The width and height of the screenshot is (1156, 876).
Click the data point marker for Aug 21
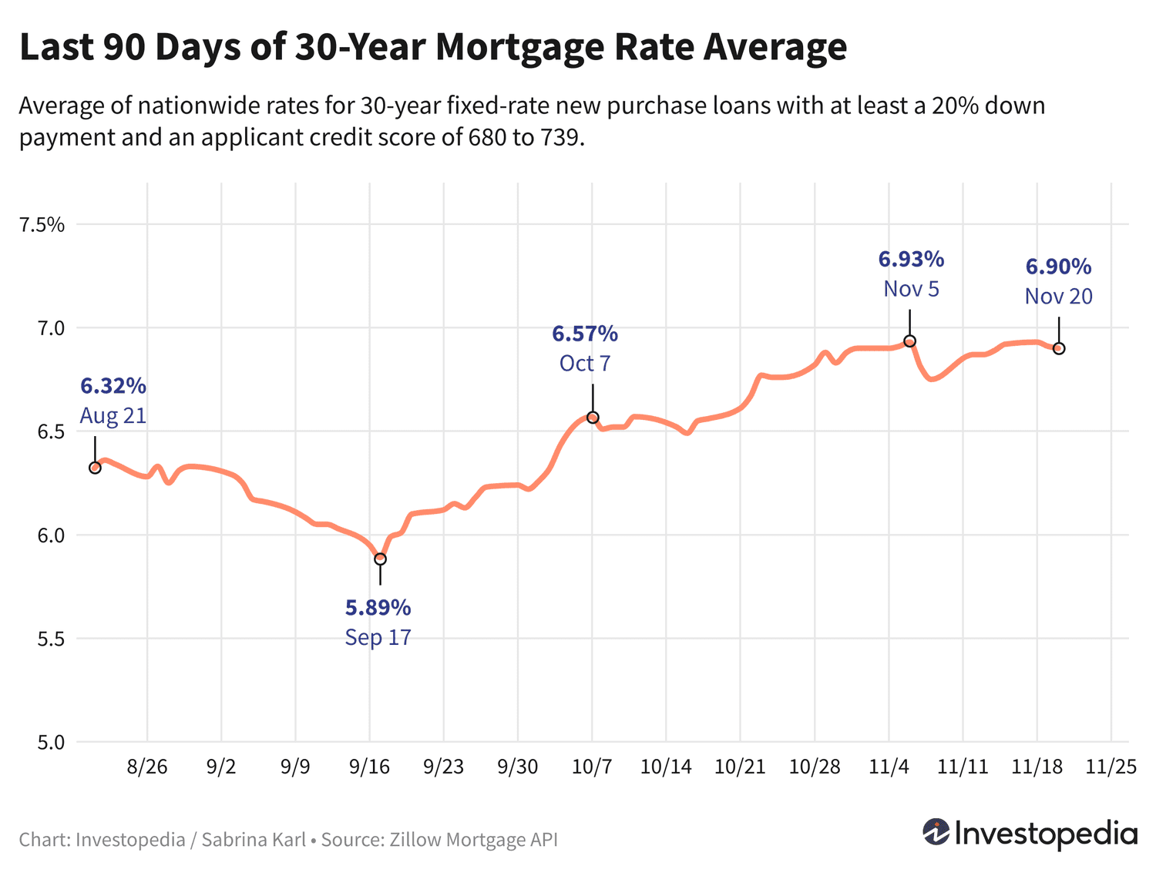click(x=95, y=468)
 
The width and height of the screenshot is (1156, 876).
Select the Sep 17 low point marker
click(x=380, y=559)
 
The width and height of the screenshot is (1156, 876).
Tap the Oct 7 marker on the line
click(x=593, y=418)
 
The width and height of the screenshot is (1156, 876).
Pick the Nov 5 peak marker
click(x=909, y=341)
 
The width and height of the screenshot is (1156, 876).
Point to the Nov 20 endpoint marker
click(x=1059, y=348)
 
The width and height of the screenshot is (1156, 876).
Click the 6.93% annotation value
click(x=911, y=260)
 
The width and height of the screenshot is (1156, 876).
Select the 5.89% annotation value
click(x=378, y=608)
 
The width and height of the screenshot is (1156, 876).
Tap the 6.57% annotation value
click(x=585, y=334)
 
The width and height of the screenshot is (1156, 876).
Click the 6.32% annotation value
click(x=113, y=386)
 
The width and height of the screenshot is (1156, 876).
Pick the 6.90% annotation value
click(x=1058, y=267)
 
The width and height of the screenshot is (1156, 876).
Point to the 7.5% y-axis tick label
click(x=42, y=225)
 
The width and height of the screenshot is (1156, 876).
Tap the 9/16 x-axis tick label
click(x=369, y=767)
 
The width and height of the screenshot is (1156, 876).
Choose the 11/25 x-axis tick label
click(x=1111, y=767)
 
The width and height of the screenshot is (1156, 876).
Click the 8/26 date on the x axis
click(x=147, y=767)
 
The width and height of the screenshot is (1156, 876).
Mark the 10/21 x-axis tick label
click(x=740, y=767)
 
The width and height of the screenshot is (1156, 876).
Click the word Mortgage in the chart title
click(x=520, y=48)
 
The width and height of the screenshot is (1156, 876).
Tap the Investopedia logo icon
click(x=936, y=832)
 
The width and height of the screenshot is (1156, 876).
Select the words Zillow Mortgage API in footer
click(x=471, y=839)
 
